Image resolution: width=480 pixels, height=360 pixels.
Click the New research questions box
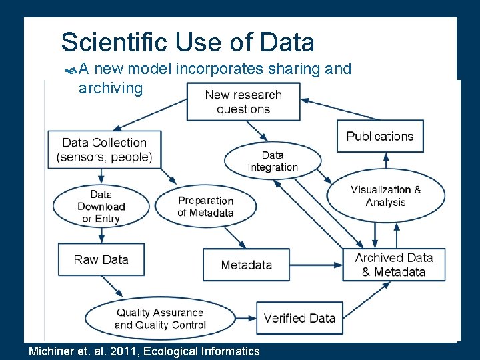coord(243,102)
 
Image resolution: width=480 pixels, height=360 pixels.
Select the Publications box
coord(379,137)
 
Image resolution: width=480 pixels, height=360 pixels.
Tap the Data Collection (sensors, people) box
coord(105,150)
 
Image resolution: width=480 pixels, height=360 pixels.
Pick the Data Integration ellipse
coord(272,161)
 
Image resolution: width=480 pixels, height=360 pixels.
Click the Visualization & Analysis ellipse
coord(385,195)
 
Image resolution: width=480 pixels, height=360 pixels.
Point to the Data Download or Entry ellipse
coord(101,207)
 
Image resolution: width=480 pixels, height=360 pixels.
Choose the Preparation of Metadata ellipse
coord(205,207)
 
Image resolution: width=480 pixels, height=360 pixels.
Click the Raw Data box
coord(101,259)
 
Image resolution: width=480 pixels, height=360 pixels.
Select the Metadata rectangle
coord(246,265)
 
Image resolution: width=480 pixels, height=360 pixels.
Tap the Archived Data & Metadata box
coord(393,265)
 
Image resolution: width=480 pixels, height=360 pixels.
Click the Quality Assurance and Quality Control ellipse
coord(160,319)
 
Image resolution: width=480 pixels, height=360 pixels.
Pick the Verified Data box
coord(299,318)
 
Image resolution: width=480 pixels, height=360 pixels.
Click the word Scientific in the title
coord(114,43)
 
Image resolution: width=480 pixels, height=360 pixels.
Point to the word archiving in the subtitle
coord(110,88)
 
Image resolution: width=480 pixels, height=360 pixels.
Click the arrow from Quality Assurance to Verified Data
coord(246,313)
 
